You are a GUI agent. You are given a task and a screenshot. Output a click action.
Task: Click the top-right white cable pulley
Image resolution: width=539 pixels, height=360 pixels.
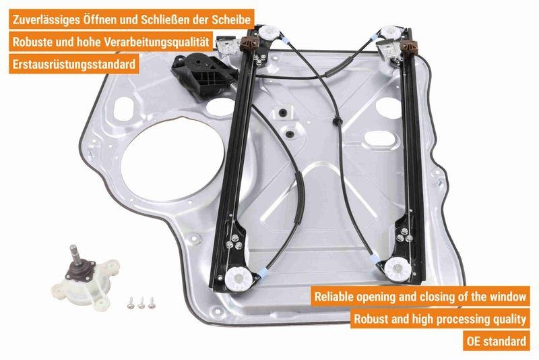coord(388,34)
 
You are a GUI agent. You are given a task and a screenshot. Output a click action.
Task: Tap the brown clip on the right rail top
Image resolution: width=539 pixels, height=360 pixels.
coord(407,48)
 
